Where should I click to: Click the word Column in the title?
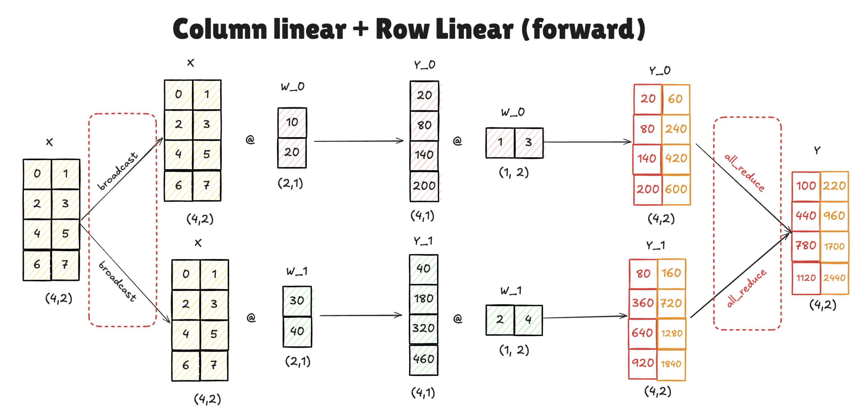pyautogui.click(x=220, y=29)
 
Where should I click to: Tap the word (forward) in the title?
pyautogui.click(x=583, y=29)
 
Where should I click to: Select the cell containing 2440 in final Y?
pyautogui.click(x=834, y=278)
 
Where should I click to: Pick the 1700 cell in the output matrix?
pyautogui.click(x=834, y=246)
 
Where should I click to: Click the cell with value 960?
pyautogui.click(x=834, y=216)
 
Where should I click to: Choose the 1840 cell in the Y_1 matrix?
pyautogui.click(x=671, y=364)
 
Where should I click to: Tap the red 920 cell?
pyautogui.click(x=643, y=363)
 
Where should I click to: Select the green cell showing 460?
pyautogui.click(x=424, y=359)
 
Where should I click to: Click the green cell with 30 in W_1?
pyautogui.click(x=297, y=301)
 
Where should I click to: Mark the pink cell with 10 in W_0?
pyautogui.click(x=292, y=122)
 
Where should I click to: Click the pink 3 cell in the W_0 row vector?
pyautogui.click(x=529, y=143)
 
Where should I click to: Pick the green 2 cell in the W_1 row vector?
pyautogui.click(x=500, y=320)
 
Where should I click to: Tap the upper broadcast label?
pyautogui.click(x=117, y=171)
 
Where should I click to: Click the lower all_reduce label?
pyautogui.click(x=746, y=288)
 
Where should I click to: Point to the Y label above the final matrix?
pyautogui.click(x=817, y=150)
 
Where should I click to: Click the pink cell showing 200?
pyautogui.click(x=424, y=186)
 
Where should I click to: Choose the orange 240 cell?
pyautogui.click(x=676, y=129)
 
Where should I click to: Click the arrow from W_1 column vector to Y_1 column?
pyautogui.click(x=360, y=315)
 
